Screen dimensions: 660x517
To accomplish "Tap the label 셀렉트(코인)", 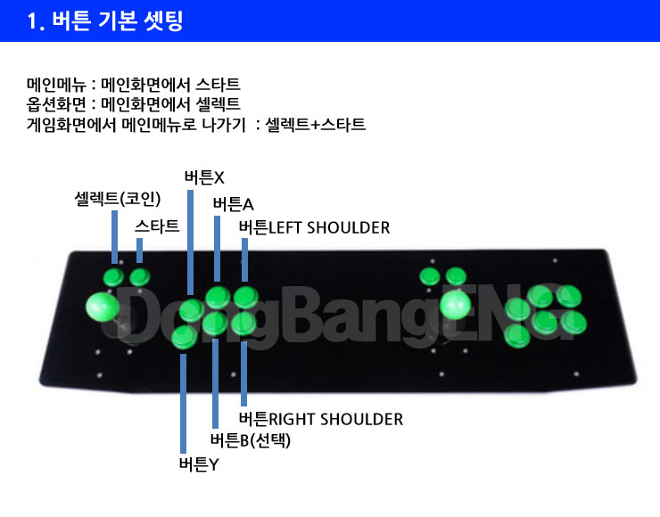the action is (x=118, y=199).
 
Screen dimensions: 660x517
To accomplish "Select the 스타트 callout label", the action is (x=157, y=226).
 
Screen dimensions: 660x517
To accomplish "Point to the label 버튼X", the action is (x=204, y=177).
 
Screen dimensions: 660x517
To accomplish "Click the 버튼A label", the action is (x=233, y=204).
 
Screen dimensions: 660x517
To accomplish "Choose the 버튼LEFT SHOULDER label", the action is (x=315, y=227).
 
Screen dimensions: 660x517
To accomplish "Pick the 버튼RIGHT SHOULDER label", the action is (x=321, y=419).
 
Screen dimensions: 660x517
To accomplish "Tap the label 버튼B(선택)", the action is (x=251, y=440).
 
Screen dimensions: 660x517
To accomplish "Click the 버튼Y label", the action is (x=199, y=464).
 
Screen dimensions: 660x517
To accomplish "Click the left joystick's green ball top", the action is (x=103, y=307).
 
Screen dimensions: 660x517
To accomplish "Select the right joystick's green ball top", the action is (x=455, y=305).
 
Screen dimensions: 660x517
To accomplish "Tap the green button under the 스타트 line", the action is (x=140, y=277).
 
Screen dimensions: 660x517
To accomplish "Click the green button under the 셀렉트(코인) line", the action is (x=113, y=277).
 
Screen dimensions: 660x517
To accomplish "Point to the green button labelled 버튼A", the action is (x=218, y=297).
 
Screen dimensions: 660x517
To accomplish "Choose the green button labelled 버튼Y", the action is (x=184, y=337).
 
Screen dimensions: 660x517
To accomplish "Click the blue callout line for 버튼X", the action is (x=190, y=242).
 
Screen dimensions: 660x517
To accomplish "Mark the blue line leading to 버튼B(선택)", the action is (x=216, y=383).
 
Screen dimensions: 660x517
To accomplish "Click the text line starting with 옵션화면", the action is (x=134, y=104).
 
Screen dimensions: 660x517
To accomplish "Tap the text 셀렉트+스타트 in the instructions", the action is (x=315, y=125).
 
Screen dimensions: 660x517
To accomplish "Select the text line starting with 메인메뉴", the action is (x=134, y=85).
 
